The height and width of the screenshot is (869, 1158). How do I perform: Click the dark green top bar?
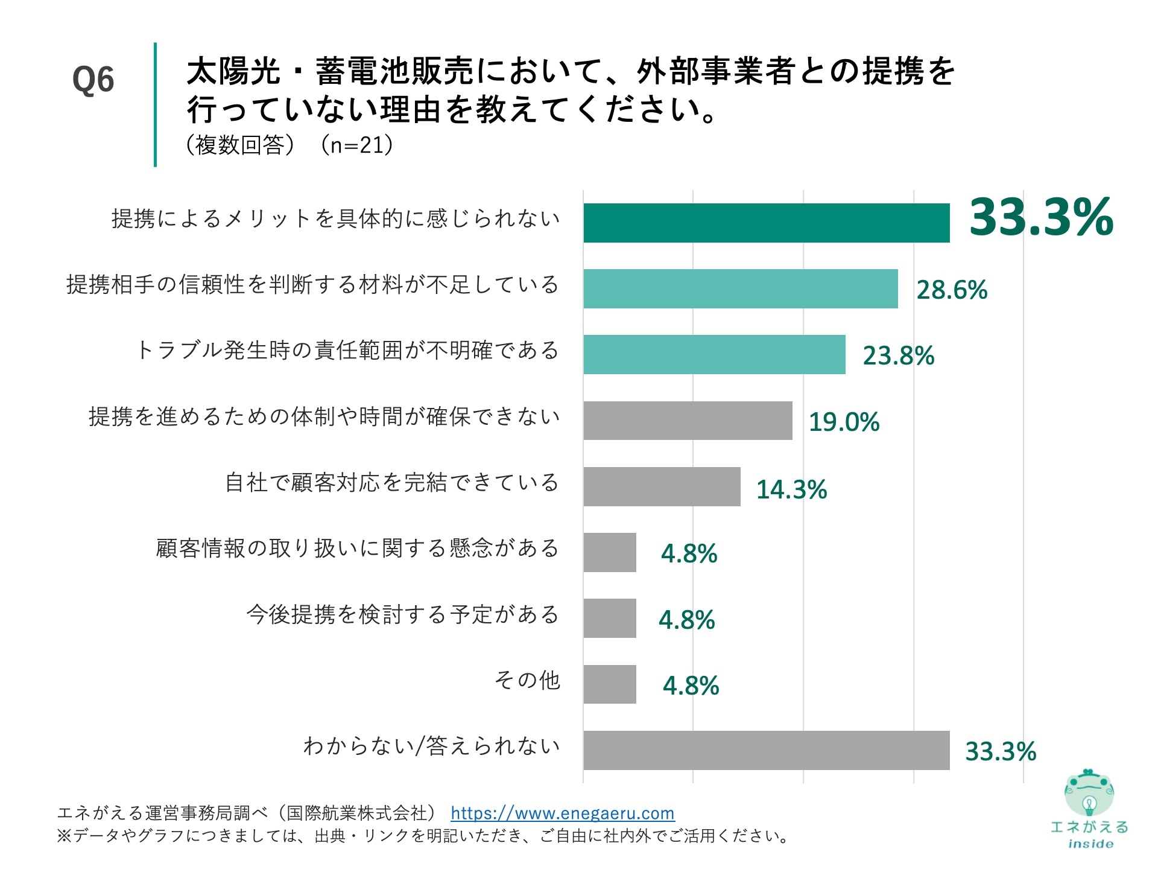[x=766, y=223]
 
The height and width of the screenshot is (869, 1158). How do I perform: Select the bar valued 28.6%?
[x=740, y=288]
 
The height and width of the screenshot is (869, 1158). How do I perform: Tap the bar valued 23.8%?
[x=714, y=354]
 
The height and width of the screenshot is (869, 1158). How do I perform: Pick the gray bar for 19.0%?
[x=688, y=421]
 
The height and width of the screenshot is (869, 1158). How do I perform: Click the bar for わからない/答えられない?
[x=766, y=750]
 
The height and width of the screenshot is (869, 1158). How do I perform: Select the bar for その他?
[x=609, y=684]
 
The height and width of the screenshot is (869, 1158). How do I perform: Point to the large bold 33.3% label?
[x=1041, y=217]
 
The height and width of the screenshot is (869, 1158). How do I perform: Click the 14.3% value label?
[x=791, y=489]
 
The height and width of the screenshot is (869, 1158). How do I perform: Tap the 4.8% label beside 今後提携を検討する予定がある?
[x=686, y=620]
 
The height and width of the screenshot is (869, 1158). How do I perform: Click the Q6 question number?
[x=93, y=80]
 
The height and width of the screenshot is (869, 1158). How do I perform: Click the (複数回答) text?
[x=240, y=145]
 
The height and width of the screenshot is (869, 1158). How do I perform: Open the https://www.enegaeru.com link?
[x=562, y=813]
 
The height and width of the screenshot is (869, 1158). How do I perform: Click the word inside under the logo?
[x=1090, y=844]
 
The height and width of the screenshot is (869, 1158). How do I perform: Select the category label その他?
[x=527, y=680]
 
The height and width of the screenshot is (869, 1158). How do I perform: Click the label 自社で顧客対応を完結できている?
[x=392, y=483]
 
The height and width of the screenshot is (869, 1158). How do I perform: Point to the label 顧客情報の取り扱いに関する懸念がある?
[x=357, y=548]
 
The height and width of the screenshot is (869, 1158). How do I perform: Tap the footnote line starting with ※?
[x=422, y=836]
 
